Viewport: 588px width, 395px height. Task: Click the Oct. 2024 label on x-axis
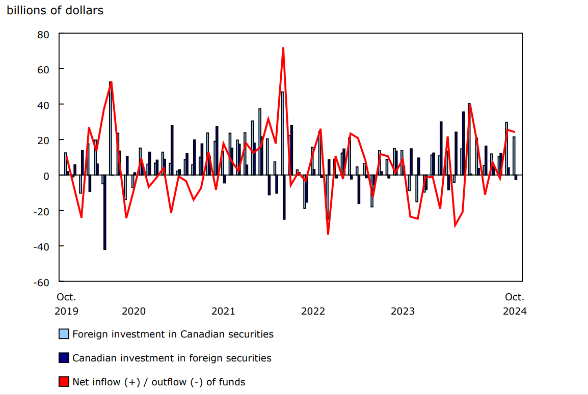[515, 304]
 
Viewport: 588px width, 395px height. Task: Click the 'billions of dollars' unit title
[55, 10]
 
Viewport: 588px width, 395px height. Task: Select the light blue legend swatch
[64, 334]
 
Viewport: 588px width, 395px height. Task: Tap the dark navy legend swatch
[64, 358]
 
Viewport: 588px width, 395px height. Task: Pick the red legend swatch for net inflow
[64, 382]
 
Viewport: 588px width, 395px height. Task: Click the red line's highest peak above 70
[283, 48]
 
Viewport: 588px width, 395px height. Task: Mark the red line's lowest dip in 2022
[328, 234]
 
